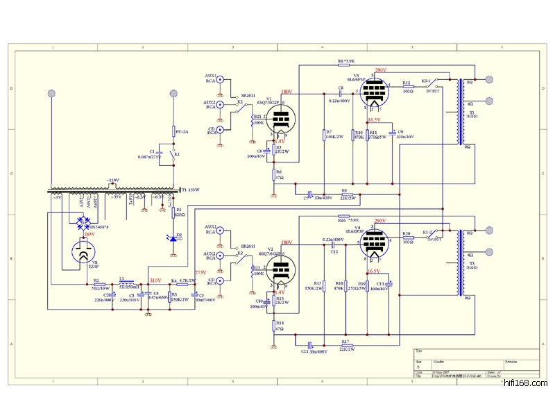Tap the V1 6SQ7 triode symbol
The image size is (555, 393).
pyautogui.click(x=280, y=120)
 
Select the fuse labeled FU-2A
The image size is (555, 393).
pyautogui.click(x=173, y=131)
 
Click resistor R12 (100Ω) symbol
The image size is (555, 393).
pyautogui.click(x=408, y=87)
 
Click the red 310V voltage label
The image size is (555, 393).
pyautogui.click(x=155, y=281)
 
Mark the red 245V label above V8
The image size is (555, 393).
pyautogui.click(x=89, y=235)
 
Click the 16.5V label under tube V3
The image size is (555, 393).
pyautogui.click(x=375, y=119)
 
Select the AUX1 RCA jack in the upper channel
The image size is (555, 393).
pyautogui.click(x=221, y=80)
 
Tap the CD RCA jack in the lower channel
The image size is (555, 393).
pyautogui.click(x=221, y=281)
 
